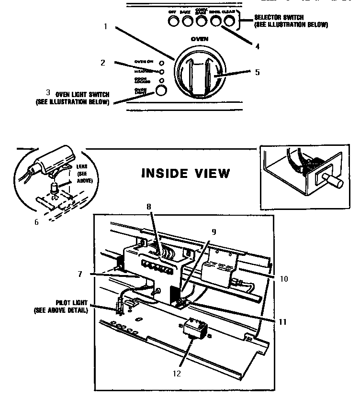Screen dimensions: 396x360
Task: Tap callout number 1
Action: pos(105,26)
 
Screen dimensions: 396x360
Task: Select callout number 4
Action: pos(258,47)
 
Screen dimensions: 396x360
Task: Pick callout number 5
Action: pos(257,72)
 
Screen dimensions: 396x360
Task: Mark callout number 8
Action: pos(148,206)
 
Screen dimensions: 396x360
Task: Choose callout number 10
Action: pos(284,278)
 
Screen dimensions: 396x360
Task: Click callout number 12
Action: pos(177,374)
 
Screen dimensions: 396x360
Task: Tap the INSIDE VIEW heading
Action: pos(185,173)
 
